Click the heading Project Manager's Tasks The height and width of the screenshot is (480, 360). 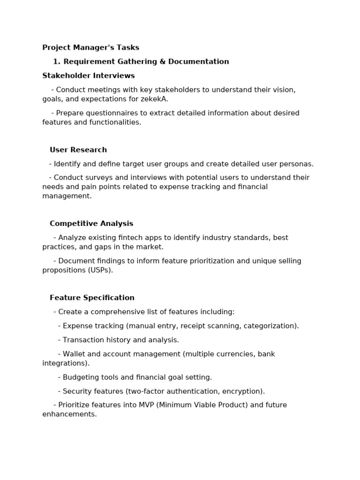pos(90,47)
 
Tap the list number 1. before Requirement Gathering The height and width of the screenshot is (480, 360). pos(57,61)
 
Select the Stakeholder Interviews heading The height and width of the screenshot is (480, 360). pos(88,75)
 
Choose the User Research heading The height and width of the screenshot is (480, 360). pos(78,150)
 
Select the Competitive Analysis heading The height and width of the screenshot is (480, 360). pos(91,224)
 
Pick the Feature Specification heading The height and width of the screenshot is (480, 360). pos(92,298)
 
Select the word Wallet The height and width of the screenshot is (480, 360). pos(75,354)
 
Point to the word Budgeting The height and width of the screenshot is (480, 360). pos(81,377)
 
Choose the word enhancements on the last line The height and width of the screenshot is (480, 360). pos(69,414)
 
